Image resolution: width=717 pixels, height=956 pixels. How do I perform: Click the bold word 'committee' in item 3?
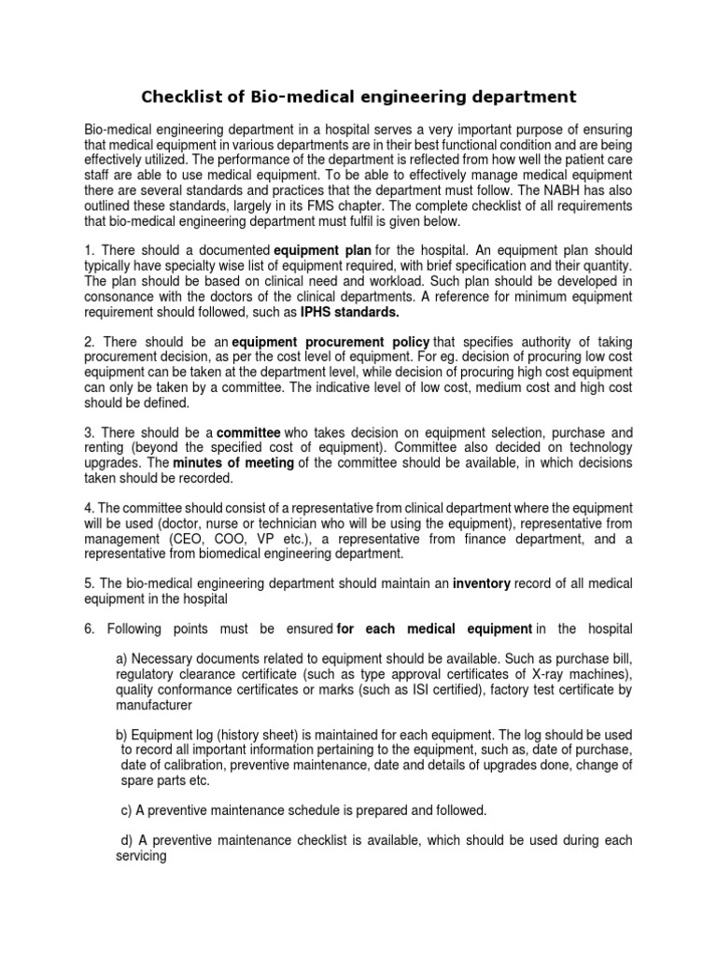click(246, 433)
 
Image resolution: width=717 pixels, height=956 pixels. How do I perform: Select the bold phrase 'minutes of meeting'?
click(220, 464)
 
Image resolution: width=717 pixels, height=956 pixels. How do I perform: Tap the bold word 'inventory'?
click(482, 583)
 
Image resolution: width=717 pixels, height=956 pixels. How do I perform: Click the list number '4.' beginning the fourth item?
click(90, 508)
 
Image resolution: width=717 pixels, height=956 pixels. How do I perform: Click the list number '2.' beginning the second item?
click(90, 343)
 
